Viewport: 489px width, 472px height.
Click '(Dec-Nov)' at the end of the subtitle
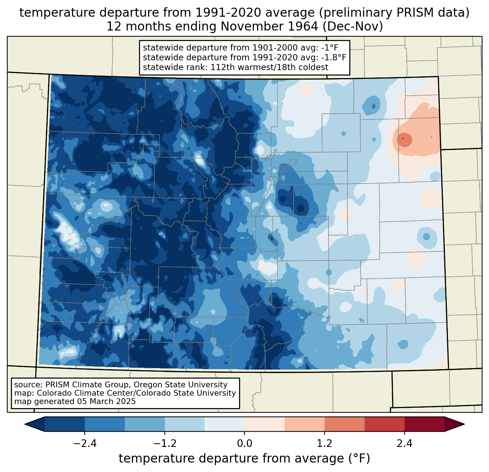[x=353, y=27]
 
